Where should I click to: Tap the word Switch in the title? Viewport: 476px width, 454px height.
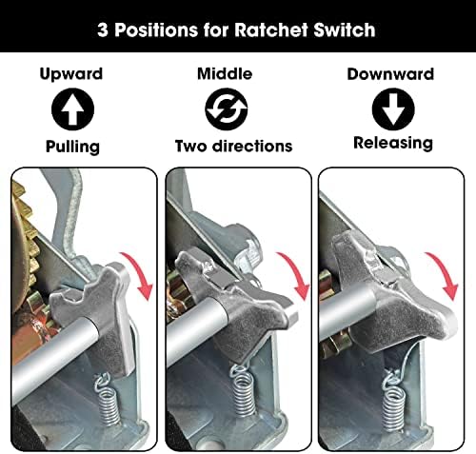[x=349, y=29]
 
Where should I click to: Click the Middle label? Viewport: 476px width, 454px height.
[x=225, y=72]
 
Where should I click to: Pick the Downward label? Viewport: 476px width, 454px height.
[x=390, y=72]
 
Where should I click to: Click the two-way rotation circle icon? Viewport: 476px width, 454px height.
[x=225, y=109]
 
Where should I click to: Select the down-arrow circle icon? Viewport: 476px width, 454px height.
[x=390, y=109]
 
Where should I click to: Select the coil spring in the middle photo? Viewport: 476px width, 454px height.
[x=246, y=389]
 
